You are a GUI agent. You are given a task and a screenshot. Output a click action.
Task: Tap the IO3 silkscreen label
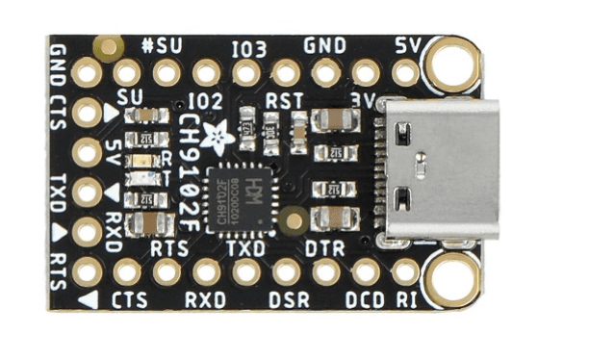(248, 46)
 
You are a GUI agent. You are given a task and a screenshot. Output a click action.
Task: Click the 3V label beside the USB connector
(364, 97)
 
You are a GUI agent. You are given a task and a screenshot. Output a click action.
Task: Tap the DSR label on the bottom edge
(289, 299)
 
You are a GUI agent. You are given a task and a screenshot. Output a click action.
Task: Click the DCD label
(368, 299)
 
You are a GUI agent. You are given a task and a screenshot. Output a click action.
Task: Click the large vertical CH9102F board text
(191, 159)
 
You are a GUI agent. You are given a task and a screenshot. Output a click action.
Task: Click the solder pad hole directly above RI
(406, 271)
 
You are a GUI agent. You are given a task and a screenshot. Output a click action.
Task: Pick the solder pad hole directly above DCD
(366, 271)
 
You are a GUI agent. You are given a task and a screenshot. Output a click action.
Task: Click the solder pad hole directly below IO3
(246, 72)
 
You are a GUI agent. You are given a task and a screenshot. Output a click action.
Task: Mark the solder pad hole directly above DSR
(286, 271)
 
